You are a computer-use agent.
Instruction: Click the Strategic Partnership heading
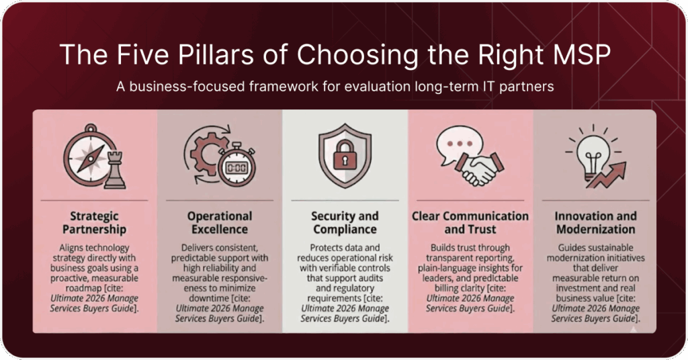94,222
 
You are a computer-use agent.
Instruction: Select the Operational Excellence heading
220,222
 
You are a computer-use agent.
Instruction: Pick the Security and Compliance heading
345,222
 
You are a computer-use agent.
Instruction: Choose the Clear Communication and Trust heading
470,222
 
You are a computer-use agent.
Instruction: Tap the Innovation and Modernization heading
595,222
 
